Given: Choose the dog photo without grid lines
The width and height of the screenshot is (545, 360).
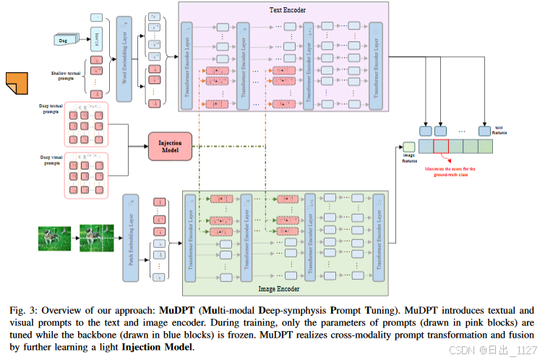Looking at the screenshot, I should click(x=53, y=238).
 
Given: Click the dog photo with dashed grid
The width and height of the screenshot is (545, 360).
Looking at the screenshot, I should click(x=97, y=238).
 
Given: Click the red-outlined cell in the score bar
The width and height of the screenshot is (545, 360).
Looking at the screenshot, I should click(x=441, y=147).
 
